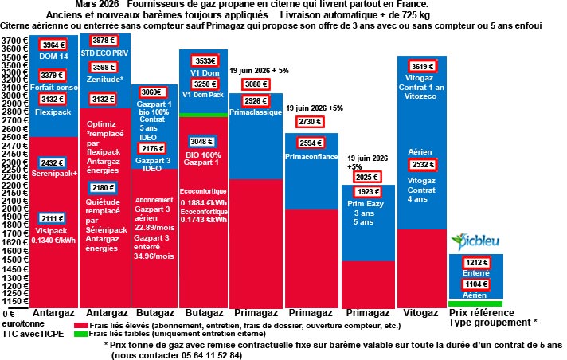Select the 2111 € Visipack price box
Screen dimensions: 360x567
click(53, 219)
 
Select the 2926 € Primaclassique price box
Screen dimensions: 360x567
click(256, 101)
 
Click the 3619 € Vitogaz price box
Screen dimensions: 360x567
click(421, 67)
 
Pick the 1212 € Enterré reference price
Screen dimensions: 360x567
click(474, 262)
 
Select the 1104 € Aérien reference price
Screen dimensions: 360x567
click(474, 284)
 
